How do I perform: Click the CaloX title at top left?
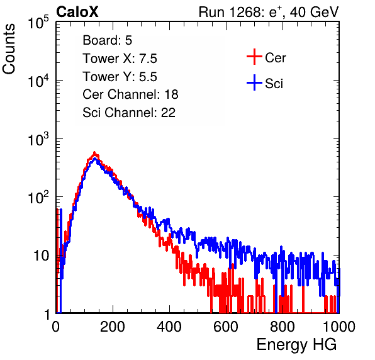click(x=77, y=12)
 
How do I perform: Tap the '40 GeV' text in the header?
click(x=314, y=12)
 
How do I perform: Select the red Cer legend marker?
click(x=254, y=57)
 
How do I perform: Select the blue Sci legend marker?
click(x=254, y=82)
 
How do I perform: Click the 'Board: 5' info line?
click(x=107, y=40)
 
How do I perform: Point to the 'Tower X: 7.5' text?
click(x=120, y=59)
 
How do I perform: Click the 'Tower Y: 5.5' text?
click(x=120, y=77)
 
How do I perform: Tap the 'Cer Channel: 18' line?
click(x=130, y=94)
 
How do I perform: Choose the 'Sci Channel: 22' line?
click(x=129, y=113)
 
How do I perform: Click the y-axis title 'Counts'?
click(x=9, y=49)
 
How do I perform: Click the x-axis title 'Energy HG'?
click(x=296, y=345)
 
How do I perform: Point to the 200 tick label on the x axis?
click(x=113, y=327)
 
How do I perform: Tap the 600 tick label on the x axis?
click(x=226, y=327)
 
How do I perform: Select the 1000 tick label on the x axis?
click(x=339, y=327)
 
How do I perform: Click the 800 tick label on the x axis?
click(x=283, y=327)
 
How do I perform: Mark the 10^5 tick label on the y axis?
click(x=38, y=22)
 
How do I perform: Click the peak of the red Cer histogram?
click(x=94, y=152)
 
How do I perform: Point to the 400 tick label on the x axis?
click(x=169, y=327)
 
